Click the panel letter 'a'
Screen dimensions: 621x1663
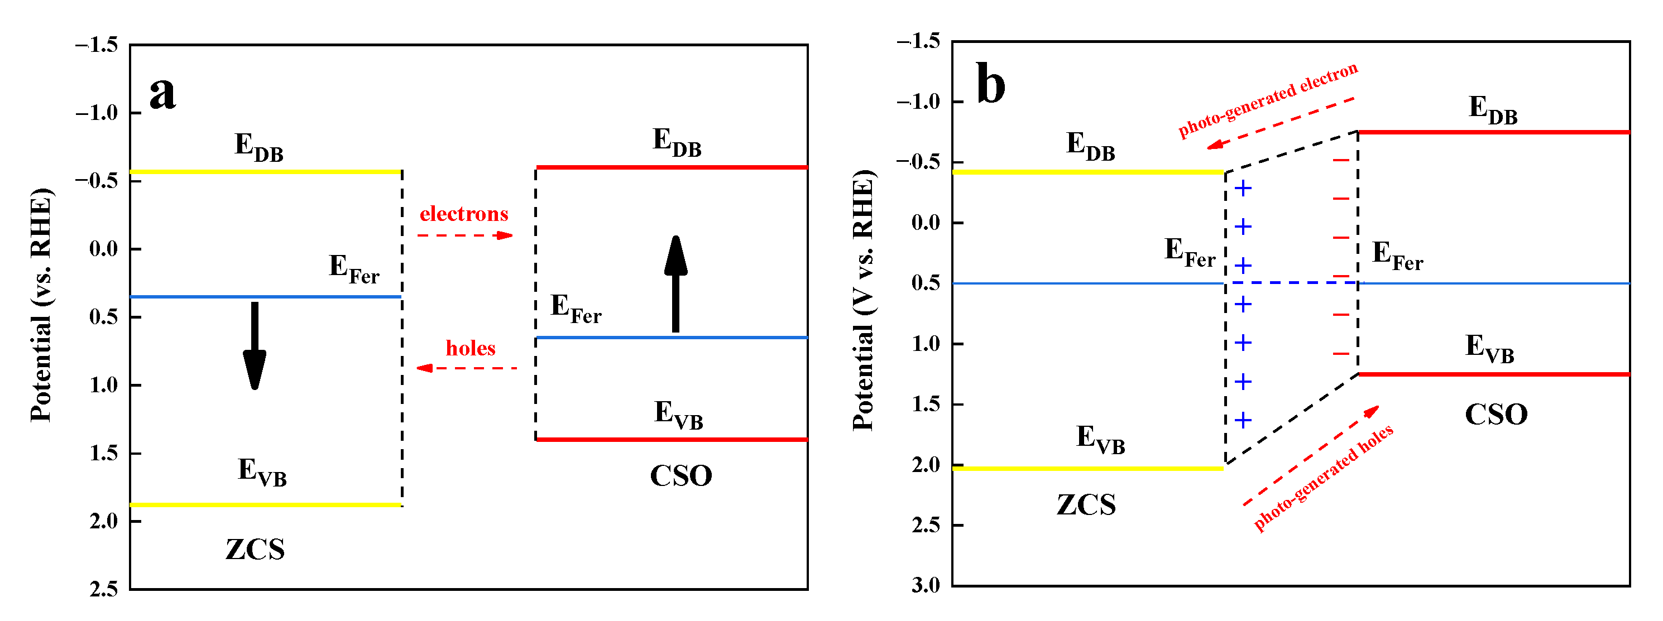click(162, 94)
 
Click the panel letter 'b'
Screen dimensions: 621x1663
click(990, 85)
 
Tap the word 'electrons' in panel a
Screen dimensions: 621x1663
click(463, 214)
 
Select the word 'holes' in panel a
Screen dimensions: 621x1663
click(470, 349)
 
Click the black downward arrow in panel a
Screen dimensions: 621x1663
click(255, 345)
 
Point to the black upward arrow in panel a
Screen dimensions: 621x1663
click(675, 284)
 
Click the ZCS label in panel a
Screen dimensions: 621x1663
click(255, 550)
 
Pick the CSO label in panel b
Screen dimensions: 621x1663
click(1496, 415)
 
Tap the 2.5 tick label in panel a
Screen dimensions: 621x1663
click(103, 589)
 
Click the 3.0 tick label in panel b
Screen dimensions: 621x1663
click(925, 585)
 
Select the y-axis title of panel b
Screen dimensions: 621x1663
click(863, 300)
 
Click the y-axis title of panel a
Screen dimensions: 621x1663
click(41, 305)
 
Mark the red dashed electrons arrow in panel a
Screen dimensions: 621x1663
click(465, 235)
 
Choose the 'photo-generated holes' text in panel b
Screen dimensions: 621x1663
click(1324, 478)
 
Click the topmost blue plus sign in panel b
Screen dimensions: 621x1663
click(1243, 189)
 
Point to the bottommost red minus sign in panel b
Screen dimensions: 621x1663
click(1341, 354)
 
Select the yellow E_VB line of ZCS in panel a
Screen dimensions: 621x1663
click(265, 505)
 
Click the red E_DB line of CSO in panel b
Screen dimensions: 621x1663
click(1494, 132)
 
